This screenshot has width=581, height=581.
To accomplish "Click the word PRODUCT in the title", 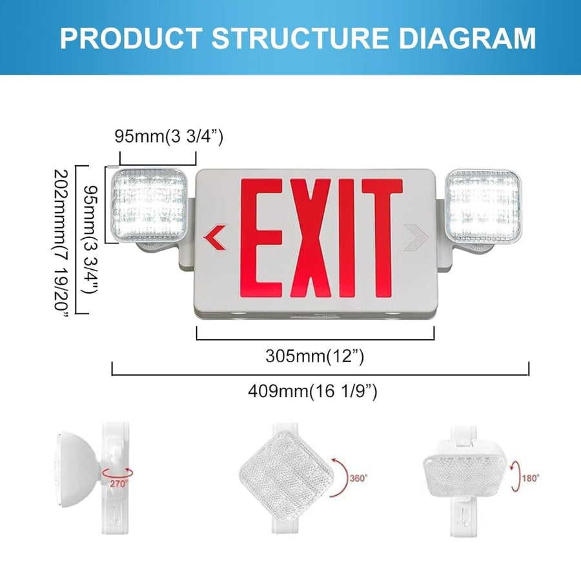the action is (x=131, y=38).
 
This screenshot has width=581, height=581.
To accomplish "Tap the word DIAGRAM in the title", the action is (x=467, y=38).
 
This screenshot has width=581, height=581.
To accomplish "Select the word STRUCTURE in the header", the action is (x=300, y=38).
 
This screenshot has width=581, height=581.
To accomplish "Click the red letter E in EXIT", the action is (x=261, y=238).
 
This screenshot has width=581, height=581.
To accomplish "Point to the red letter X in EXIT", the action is (x=311, y=238).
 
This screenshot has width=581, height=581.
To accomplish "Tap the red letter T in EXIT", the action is (x=382, y=238).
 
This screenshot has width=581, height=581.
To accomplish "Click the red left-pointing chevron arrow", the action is (x=214, y=237).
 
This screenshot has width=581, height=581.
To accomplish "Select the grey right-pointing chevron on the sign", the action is (x=416, y=237).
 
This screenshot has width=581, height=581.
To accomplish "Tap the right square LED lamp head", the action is (x=483, y=206).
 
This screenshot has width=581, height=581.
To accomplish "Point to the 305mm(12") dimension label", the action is (x=315, y=356).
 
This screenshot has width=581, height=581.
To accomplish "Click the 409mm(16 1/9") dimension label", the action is (x=312, y=391).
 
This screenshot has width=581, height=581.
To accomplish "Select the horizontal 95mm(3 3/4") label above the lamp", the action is (x=169, y=136).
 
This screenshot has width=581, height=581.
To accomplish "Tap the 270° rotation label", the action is (x=119, y=484).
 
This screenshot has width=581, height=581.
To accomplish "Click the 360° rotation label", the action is (x=358, y=478).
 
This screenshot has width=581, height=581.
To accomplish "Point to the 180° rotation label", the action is (x=531, y=478).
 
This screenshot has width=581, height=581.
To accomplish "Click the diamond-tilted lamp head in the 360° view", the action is (x=286, y=474).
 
